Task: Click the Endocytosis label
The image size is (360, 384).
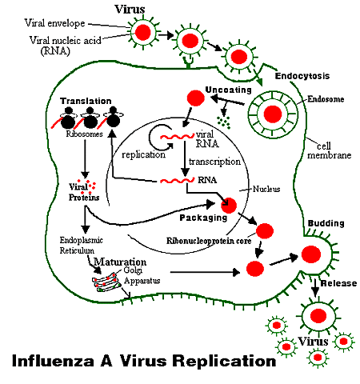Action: click(x=302, y=76)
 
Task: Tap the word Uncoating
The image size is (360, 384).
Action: click(x=228, y=90)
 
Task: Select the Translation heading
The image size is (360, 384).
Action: click(x=86, y=101)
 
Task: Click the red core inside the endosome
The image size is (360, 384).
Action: click(x=273, y=114)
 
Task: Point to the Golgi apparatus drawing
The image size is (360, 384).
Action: click(x=106, y=282)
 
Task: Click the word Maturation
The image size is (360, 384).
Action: click(x=120, y=262)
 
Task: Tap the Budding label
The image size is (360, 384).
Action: click(x=326, y=223)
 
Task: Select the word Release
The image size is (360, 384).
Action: click(x=338, y=283)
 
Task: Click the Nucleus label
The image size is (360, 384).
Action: click(x=266, y=189)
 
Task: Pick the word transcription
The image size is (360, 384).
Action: click(x=214, y=162)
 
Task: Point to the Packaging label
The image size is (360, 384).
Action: click(x=203, y=218)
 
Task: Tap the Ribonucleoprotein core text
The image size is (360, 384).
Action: click(x=209, y=241)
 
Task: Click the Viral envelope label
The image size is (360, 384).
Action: click(x=54, y=23)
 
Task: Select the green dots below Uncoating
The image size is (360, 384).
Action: click(x=223, y=122)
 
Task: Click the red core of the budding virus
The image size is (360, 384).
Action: click(x=311, y=254)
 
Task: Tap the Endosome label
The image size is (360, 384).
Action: click(x=326, y=99)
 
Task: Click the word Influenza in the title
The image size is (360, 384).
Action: click(x=53, y=361)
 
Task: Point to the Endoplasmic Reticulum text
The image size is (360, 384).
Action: click(x=81, y=246)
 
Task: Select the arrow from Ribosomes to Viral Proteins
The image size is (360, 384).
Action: click(x=85, y=158)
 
